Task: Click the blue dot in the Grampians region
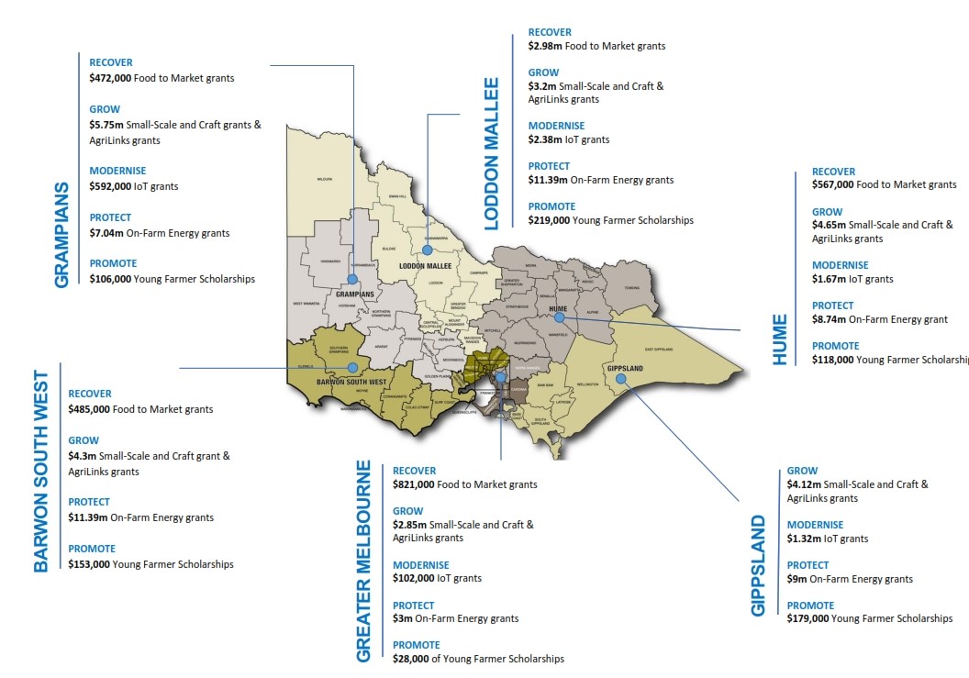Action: point(352,280)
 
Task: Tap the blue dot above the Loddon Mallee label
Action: point(427,249)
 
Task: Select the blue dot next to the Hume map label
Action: point(558,318)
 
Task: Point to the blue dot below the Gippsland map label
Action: point(621,378)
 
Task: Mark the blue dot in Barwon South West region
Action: point(352,367)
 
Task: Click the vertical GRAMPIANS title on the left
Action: point(62,235)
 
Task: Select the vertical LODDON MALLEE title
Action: point(491,153)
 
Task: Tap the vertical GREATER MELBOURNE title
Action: point(363,561)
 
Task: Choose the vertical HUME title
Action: point(780,339)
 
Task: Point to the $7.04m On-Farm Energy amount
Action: point(106,233)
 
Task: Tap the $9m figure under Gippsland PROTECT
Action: point(796,579)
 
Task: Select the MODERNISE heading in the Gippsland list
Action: point(815,525)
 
